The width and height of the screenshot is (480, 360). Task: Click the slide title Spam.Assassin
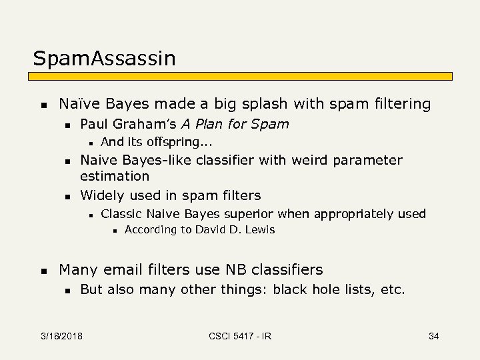coord(105,59)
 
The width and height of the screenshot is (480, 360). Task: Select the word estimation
coord(115,177)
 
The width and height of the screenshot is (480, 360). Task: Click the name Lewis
coord(260,230)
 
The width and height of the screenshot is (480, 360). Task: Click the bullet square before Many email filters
coord(43,271)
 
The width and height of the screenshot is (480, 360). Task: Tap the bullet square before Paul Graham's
coord(66,125)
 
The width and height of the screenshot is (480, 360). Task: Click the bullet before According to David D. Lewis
coord(115,231)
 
